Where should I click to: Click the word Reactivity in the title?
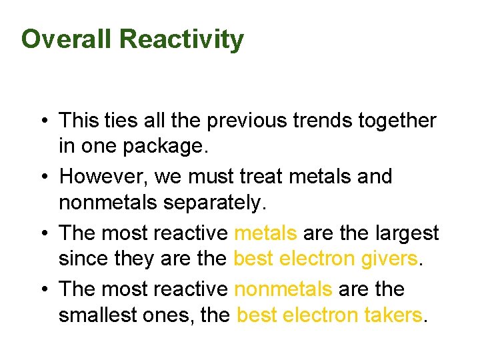[181, 39]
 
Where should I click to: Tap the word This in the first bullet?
[78, 121]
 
